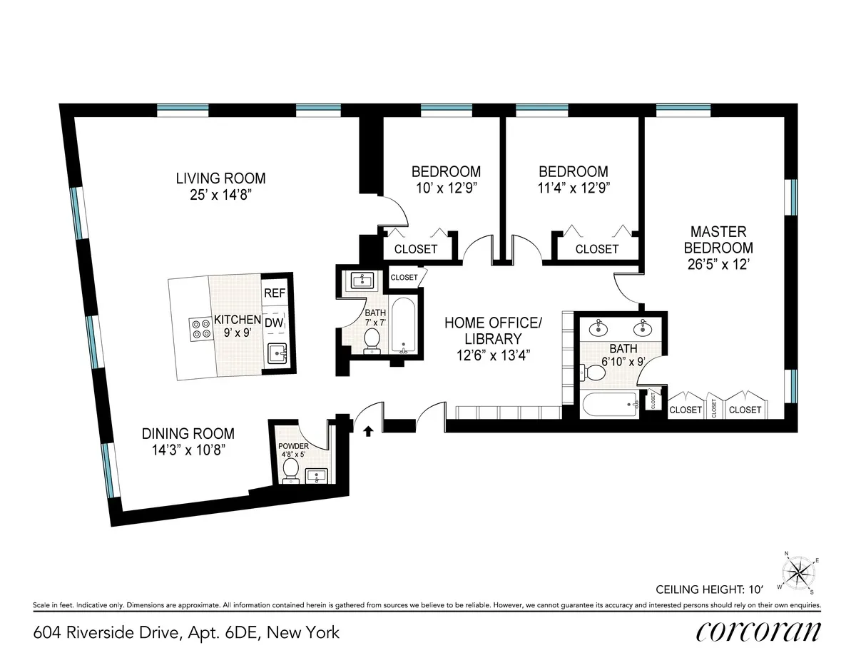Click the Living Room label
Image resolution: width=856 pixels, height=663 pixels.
tap(220, 178)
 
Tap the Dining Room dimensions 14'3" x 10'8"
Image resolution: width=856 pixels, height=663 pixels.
tap(188, 450)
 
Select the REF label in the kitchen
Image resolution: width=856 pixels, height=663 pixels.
tap(275, 293)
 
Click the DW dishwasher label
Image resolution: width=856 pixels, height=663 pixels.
tap(274, 323)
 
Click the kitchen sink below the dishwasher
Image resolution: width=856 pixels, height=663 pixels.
tap(276, 352)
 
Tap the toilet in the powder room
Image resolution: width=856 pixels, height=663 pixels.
tap(291, 470)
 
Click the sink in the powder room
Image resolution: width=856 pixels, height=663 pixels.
tap(317, 475)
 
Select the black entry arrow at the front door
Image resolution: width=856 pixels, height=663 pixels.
tap(369, 430)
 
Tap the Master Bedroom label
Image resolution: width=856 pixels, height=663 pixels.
tap(718, 240)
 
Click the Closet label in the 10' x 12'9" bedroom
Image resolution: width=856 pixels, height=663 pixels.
tap(416, 249)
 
